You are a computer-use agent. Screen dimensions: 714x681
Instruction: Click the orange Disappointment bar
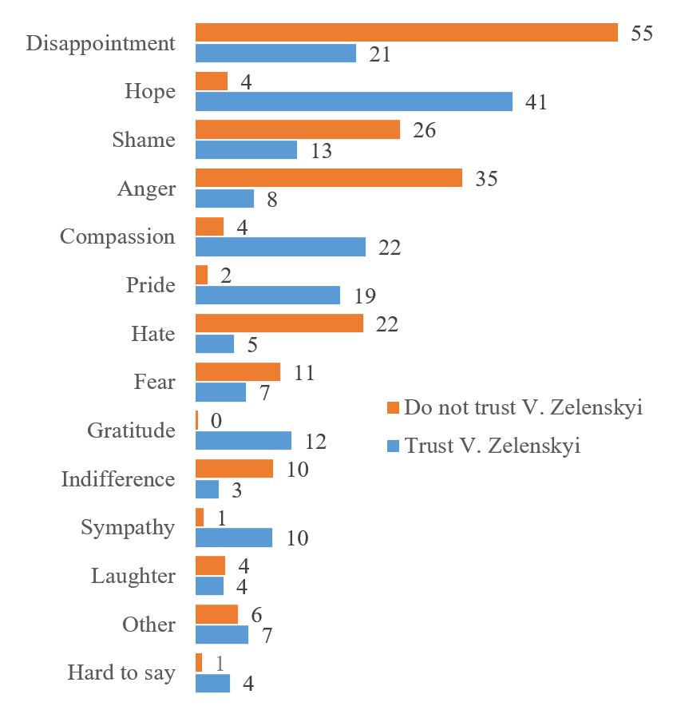[x=406, y=33]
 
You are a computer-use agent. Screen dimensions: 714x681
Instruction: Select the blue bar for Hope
[x=354, y=101]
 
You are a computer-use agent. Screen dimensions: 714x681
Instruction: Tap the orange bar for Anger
[x=329, y=178]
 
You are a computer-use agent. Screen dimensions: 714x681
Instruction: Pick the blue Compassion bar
[x=280, y=247]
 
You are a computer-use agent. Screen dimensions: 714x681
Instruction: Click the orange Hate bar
[x=279, y=323]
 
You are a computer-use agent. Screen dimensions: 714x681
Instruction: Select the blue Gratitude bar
[x=243, y=441]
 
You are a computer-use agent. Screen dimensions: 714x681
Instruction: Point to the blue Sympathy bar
[x=234, y=537]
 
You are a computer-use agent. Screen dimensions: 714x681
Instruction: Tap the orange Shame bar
[x=298, y=129]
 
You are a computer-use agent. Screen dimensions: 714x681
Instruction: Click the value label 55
[x=642, y=34]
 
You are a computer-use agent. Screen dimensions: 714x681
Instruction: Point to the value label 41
[x=536, y=102]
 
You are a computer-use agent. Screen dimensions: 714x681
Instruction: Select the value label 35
[x=486, y=179]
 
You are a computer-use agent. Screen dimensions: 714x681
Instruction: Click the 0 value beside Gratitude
[x=216, y=420]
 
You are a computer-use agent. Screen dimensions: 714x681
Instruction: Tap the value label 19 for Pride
[x=365, y=296]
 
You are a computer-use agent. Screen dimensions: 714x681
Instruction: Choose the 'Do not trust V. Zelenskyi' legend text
[x=524, y=407]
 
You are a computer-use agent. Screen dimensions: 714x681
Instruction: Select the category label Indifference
[x=118, y=479]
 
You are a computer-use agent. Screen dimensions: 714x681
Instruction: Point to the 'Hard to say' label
[x=121, y=672]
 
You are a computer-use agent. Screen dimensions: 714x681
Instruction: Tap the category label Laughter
[x=133, y=576]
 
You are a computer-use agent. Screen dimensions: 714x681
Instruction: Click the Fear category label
[x=154, y=382]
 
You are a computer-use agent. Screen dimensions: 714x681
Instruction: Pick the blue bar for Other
[x=222, y=634]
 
